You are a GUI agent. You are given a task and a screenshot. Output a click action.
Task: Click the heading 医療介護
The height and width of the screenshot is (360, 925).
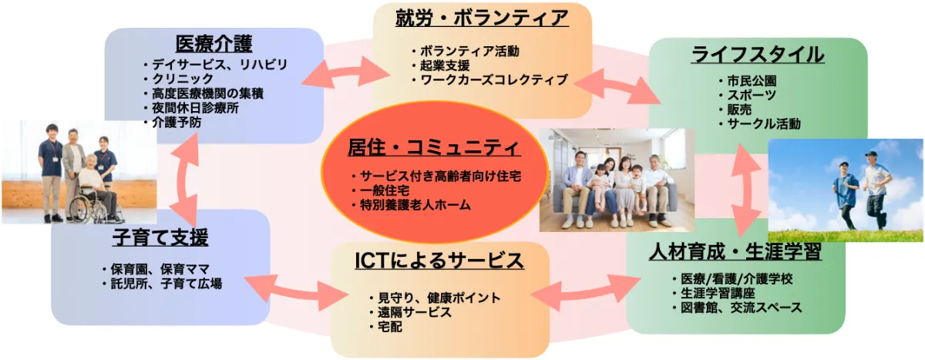[x=214, y=44]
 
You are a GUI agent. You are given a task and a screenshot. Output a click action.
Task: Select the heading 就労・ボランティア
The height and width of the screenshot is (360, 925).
[x=482, y=19]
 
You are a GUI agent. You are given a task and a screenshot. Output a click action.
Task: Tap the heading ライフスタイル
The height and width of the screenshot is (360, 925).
[x=758, y=55]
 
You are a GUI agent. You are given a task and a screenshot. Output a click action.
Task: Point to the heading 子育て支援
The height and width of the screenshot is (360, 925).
[x=160, y=237]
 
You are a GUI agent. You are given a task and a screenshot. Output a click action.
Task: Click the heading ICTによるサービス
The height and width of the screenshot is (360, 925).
[x=439, y=261]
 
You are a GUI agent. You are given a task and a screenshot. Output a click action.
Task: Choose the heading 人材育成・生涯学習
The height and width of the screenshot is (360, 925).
[x=735, y=252]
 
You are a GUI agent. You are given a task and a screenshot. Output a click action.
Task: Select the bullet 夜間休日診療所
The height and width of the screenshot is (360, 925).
[x=195, y=108]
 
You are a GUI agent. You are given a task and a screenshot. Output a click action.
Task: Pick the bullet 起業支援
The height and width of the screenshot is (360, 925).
[x=445, y=66]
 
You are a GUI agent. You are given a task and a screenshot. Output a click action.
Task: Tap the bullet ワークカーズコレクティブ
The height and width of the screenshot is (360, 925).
[x=494, y=79]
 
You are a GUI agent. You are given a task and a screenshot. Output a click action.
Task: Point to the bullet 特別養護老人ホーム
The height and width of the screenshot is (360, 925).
[x=415, y=205]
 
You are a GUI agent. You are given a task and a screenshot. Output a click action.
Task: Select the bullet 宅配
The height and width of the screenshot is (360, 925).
[x=390, y=327]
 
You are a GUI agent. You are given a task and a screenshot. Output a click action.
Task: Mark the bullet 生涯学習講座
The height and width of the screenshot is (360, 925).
[x=718, y=293]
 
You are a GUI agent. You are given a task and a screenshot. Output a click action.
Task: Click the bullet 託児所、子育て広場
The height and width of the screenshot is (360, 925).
[x=166, y=284]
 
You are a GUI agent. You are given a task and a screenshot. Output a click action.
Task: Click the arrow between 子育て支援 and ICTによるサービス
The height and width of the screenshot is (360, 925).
[x=297, y=293]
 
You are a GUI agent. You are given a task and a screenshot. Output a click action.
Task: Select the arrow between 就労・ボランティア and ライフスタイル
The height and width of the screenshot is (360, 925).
[x=617, y=86]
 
